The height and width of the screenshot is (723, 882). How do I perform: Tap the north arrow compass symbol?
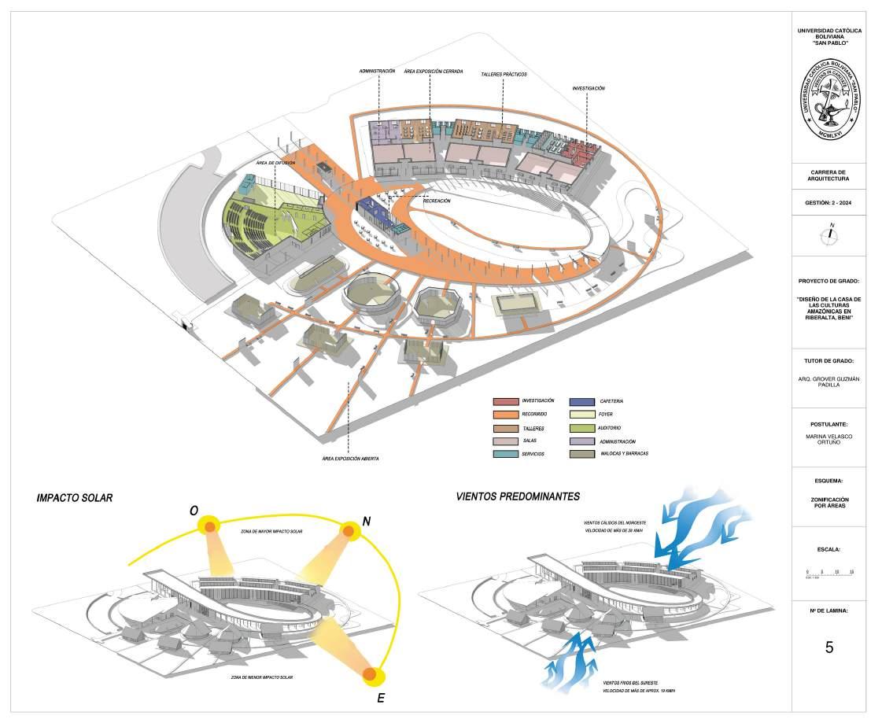(829, 234)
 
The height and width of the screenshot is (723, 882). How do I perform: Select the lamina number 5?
(829, 647)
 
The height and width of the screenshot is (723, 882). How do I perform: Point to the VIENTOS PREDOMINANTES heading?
(518, 496)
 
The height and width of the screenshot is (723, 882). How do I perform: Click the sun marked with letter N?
(347, 532)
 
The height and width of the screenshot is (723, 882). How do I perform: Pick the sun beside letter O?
(210, 525)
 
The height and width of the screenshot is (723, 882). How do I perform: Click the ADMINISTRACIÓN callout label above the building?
(377, 71)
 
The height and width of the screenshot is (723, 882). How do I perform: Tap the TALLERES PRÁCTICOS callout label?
(504, 74)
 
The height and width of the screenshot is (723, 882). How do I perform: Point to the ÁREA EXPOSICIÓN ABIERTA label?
(350, 458)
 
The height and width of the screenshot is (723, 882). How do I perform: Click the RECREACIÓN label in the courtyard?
(437, 201)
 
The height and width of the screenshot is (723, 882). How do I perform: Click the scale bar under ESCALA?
(830, 573)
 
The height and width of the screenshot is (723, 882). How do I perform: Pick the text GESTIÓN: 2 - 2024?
(829, 204)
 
